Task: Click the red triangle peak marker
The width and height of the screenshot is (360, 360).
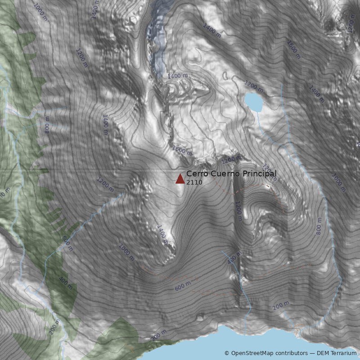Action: click(x=180, y=179)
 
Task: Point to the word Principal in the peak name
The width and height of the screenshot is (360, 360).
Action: click(x=260, y=174)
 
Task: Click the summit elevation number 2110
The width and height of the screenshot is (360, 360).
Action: click(x=194, y=182)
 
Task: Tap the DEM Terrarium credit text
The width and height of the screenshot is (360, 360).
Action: click(x=337, y=353)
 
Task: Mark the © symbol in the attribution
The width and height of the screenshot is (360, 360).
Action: click(x=227, y=353)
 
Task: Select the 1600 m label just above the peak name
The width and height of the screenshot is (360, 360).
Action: click(x=182, y=151)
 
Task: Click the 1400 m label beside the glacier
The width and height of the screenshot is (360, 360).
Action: click(x=178, y=76)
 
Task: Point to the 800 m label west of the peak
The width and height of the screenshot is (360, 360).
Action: click(x=47, y=127)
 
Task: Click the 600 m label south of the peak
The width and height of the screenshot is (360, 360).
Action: click(x=183, y=285)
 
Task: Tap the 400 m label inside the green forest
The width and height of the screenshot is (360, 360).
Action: click(x=66, y=283)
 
